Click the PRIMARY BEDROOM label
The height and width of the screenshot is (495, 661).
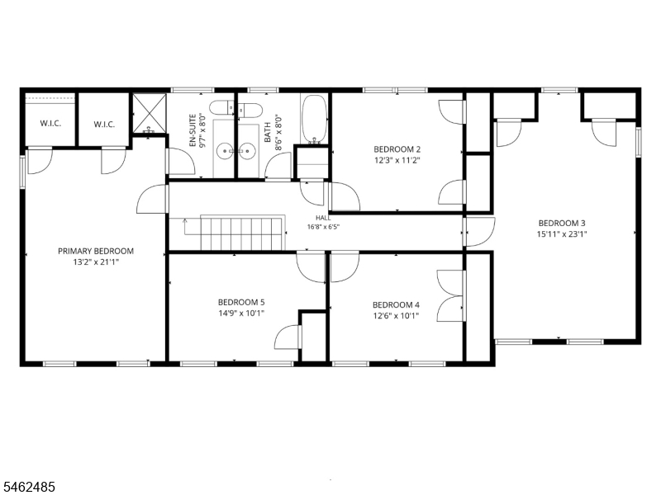(x=96, y=252)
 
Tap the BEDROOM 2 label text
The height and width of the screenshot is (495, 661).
(x=397, y=149)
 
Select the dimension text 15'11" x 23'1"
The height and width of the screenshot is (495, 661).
(x=562, y=234)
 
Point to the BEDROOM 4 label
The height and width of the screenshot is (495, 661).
(x=396, y=305)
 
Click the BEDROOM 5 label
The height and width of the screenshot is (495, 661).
(x=241, y=302)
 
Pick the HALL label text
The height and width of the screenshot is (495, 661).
(x=323, y=218)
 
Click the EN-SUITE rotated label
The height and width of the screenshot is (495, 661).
(x=193, y=130)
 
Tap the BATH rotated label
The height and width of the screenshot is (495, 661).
(x=268, y=132)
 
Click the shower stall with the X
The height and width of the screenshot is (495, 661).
(x=150, y=114)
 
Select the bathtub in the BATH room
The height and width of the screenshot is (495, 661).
(x=314, y=119)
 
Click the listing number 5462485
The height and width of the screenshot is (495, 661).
(x=27, y=487)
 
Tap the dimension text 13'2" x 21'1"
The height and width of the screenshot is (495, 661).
(x=96, y=262)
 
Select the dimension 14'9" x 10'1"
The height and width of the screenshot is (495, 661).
(x=241, y=313)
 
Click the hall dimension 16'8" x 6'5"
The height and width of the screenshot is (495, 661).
(x=323, y=226)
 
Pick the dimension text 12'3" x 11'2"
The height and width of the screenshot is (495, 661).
(x=397, y=160)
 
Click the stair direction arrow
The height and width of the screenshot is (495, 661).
(x=184, y=228)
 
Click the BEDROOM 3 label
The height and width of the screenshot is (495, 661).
(x=562, y=224)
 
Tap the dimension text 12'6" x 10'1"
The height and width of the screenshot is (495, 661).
(x=396, y=316)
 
